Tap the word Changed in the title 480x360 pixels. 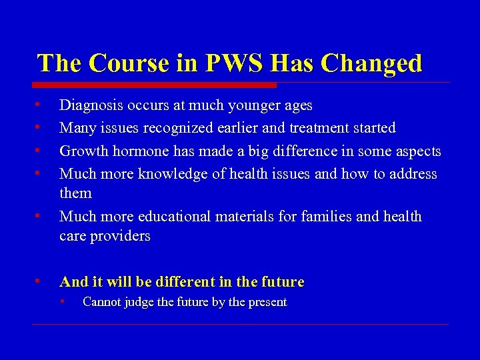click(371, 63)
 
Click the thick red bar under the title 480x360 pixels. click(154, 85)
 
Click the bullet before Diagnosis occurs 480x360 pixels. click(40, 105)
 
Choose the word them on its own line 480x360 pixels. click(75, 193)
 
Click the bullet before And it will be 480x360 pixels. click(40, 281)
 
